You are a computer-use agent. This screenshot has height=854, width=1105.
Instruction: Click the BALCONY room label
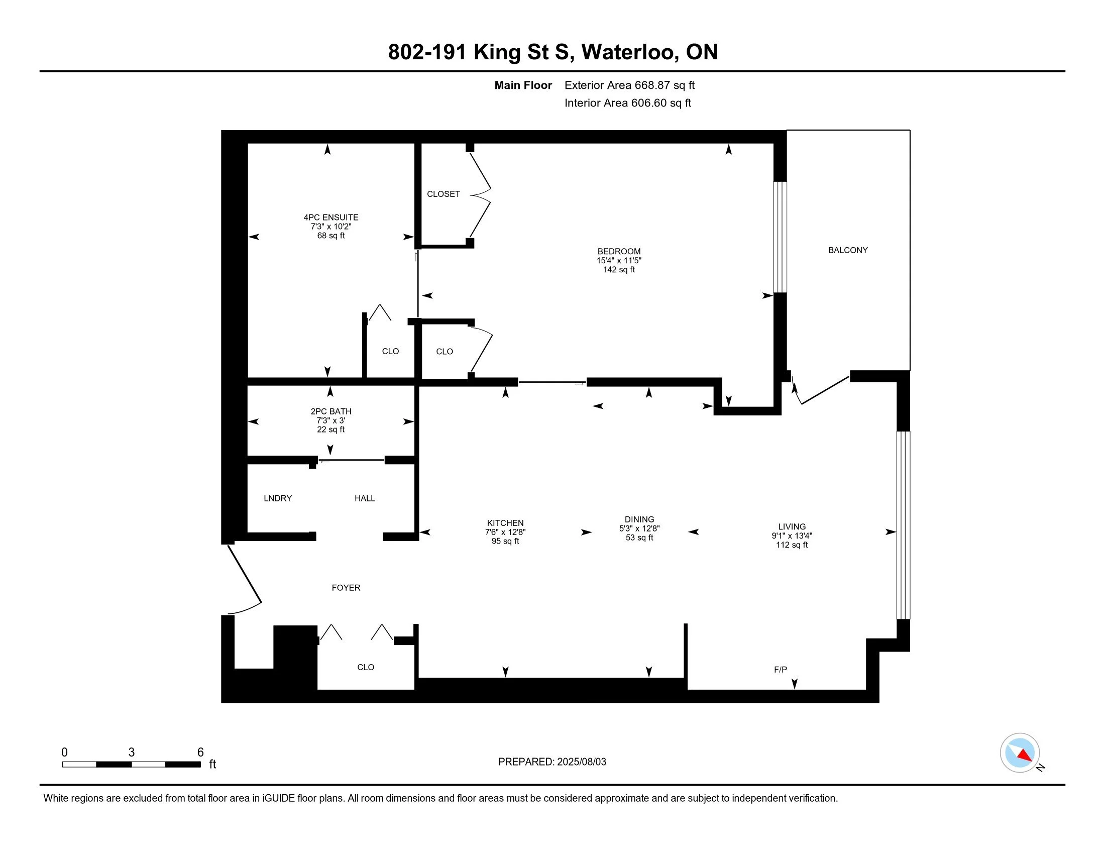click(847, 250)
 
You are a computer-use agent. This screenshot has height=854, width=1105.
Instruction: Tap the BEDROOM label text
click(619, 252)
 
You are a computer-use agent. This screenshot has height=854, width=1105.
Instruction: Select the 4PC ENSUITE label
click(331, 218)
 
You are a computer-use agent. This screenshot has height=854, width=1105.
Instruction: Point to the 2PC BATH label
click(331, 412)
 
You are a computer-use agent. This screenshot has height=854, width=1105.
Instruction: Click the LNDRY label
click(278, 498)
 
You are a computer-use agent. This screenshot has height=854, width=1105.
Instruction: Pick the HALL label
click(365, 498)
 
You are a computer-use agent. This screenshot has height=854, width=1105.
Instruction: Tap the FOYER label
click(346, 587)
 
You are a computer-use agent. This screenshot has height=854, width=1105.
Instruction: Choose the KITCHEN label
click(505, 523)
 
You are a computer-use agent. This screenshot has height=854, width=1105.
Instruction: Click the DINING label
click(639, 519)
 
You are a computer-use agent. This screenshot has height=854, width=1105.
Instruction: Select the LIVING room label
click(792, 526)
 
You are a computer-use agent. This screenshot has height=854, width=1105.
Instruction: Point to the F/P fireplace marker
click(781, 670)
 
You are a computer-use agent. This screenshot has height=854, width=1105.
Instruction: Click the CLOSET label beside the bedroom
click(443, 194)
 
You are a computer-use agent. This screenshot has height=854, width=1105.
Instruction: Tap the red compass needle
click(1025, 756)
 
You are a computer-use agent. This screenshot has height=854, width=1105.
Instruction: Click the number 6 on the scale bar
click(200, 753)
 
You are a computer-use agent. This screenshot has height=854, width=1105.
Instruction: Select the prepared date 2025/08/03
click(582, 762)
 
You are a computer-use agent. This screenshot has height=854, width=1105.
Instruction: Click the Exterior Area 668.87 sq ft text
click(629, 85)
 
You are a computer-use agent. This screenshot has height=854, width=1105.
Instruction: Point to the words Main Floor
click(523, 85)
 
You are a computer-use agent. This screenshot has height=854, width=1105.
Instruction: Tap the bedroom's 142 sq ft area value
click(619, 270)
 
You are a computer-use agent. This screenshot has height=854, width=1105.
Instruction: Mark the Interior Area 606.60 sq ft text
click(628, 103)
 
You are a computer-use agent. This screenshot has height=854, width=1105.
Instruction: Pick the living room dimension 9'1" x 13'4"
click(792, 536)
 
